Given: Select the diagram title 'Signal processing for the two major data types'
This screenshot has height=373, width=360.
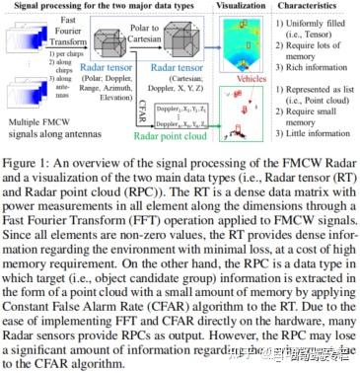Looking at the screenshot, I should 103,6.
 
